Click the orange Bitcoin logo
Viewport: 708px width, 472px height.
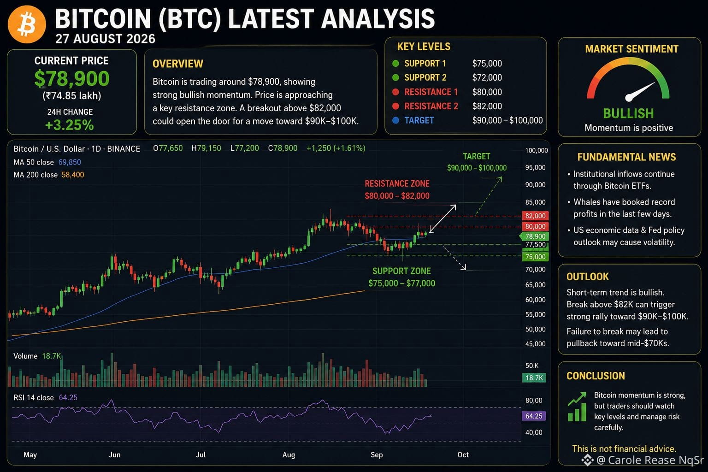27,24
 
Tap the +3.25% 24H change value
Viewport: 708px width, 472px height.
70,125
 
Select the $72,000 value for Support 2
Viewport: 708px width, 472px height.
487,77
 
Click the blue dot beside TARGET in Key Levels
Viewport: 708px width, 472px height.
395,120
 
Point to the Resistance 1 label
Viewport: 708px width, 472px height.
431,92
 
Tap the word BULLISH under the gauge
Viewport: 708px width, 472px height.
628,113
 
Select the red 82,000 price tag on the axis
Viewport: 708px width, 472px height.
535,216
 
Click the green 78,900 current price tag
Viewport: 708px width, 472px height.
535,236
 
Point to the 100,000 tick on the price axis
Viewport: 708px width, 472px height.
537,150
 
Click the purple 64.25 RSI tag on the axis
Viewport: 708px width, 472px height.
533,416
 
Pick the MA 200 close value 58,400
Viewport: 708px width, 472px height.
73,175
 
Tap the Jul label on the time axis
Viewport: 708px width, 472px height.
201,454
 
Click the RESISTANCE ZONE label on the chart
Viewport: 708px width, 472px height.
397,183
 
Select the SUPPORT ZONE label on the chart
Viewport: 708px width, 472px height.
401,271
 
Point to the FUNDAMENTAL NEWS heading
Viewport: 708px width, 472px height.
626,157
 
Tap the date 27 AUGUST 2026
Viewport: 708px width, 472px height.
105,39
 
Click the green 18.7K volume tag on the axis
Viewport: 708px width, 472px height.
534,378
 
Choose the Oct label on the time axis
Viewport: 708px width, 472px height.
463,454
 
